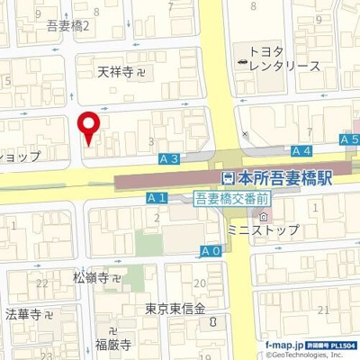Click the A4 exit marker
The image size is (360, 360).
[301, 151]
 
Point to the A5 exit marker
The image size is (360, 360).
[349, 139]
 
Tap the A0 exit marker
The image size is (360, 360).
[211, 250]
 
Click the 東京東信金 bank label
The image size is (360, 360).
[177, 309]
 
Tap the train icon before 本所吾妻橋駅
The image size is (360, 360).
[229, 179]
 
